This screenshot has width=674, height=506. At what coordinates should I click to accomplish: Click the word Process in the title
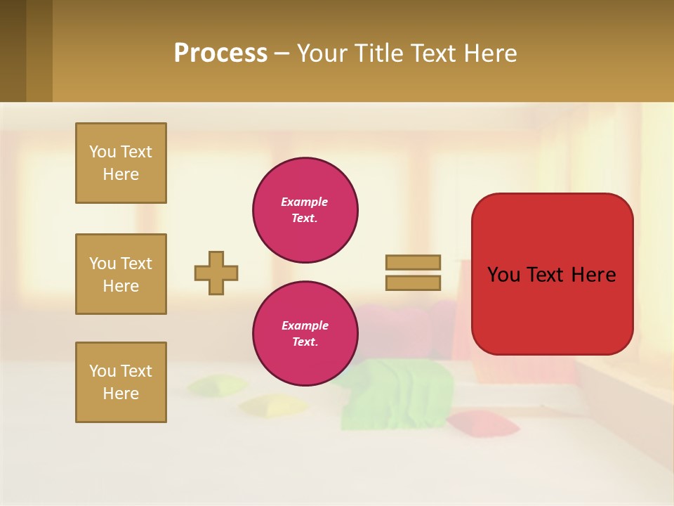click(x=220, y=53)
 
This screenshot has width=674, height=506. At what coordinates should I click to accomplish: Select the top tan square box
click(x=121, y=163)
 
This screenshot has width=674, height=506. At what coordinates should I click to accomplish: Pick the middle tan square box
click(x=121, y=274)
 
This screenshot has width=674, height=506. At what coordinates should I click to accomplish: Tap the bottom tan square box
click(x=121, y=382)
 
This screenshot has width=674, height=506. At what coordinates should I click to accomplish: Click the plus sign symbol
click(x=216, y=273)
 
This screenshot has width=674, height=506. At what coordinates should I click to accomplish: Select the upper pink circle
click(x=305, y=209)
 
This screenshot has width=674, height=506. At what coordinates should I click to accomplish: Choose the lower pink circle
click(x=305, y=333)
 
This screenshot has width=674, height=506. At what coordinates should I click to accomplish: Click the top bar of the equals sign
click(x=413, y=262)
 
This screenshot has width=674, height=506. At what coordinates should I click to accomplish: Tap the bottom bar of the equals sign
click(x=413, y=283)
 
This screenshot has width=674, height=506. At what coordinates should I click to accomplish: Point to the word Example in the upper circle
click(x=304, y=202)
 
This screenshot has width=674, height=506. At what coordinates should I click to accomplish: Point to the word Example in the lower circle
click(x=305, y=325)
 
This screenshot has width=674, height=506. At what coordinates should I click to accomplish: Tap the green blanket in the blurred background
click(x=397, y=394)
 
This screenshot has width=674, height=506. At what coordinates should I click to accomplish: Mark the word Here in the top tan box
click(x=121, y=174)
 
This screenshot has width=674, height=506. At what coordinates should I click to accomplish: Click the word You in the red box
click(x=503, y=274)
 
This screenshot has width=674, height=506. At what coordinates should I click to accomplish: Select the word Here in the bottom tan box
click(x=121, y=394)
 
